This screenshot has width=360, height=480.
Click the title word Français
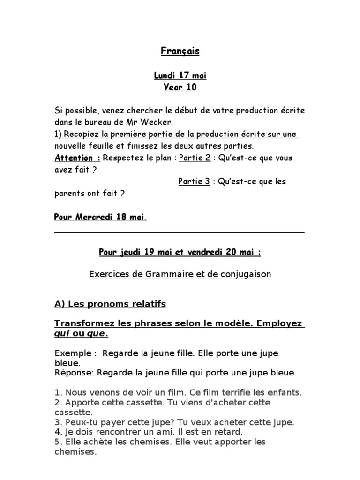tap(180, 52)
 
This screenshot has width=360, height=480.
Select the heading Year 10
tap(180, 87)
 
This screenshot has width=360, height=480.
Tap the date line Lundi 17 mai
tap(180, 75)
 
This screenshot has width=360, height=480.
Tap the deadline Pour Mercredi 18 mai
tap(100, 217)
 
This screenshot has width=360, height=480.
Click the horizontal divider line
tap(179, 232)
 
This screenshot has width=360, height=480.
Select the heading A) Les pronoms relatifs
tap(110, 304)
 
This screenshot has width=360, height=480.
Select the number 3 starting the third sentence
tap(57, 422)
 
